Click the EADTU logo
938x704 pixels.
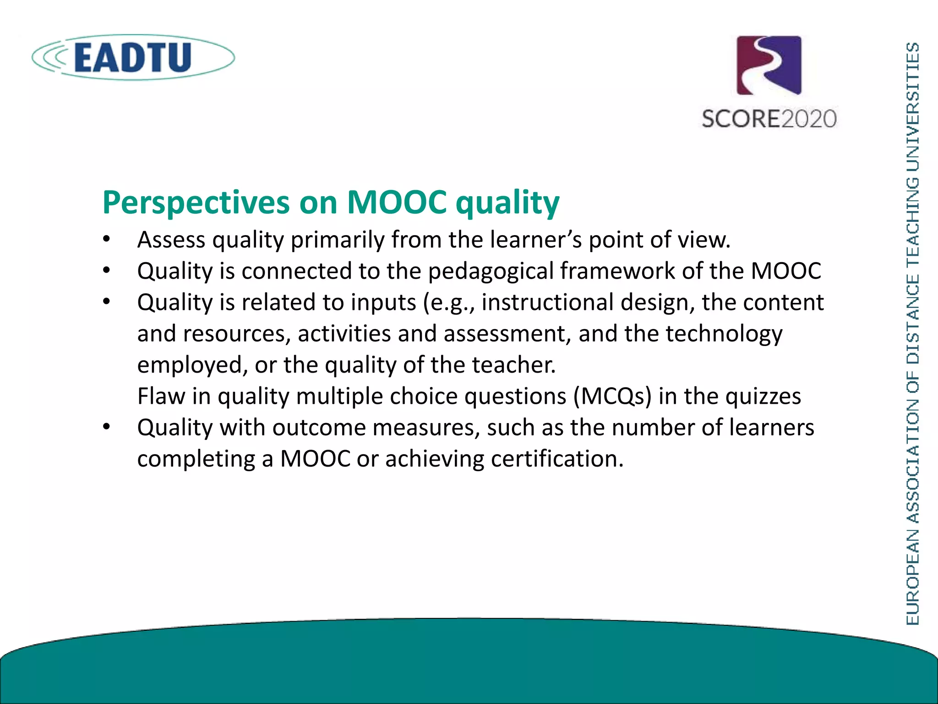[133, 58]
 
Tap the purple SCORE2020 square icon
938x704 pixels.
[769, 66]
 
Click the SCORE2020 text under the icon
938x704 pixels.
[769, 119]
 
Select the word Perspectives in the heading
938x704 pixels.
[196, 203]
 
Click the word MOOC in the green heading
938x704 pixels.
[397, 202]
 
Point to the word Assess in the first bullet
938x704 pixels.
[171, 240]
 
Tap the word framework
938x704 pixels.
[617, 271]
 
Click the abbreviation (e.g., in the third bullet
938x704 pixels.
[449, 303]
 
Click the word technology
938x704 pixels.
[724, 334]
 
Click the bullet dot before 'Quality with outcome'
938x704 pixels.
[107, 427]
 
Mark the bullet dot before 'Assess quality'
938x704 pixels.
[107, 240]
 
